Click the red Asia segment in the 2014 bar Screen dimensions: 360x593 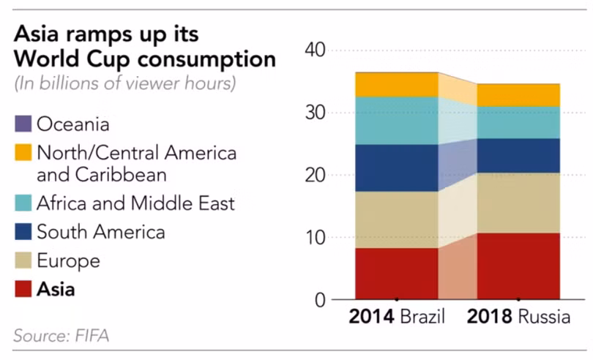[396, 274]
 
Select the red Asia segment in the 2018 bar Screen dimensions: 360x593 [518, 266]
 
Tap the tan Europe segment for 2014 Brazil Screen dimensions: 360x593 [396, 220]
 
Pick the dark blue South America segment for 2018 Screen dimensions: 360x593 [518, 155]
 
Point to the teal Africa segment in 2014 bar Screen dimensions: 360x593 [396, 121]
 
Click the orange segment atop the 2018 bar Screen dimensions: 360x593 [518, 95]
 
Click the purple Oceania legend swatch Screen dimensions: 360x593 [23, 124]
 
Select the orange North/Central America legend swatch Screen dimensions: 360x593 [23, 154]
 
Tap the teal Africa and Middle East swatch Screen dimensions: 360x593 [23, 202]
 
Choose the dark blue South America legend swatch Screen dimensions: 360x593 [23, 232]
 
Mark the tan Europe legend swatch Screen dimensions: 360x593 [23, 260]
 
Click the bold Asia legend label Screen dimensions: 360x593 [56, 289]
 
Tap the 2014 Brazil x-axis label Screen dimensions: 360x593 [396, 319]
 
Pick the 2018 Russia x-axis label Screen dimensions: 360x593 [519, 319]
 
